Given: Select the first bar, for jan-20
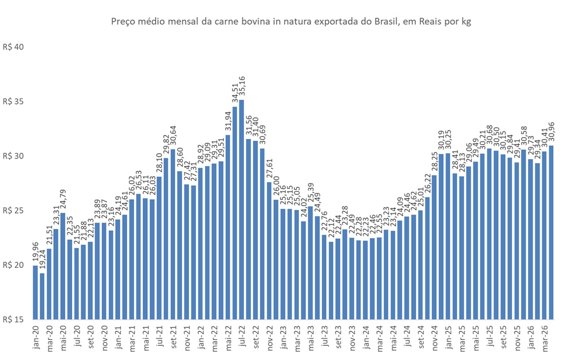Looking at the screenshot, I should [36, 292].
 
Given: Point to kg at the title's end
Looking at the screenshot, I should [464, 21].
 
